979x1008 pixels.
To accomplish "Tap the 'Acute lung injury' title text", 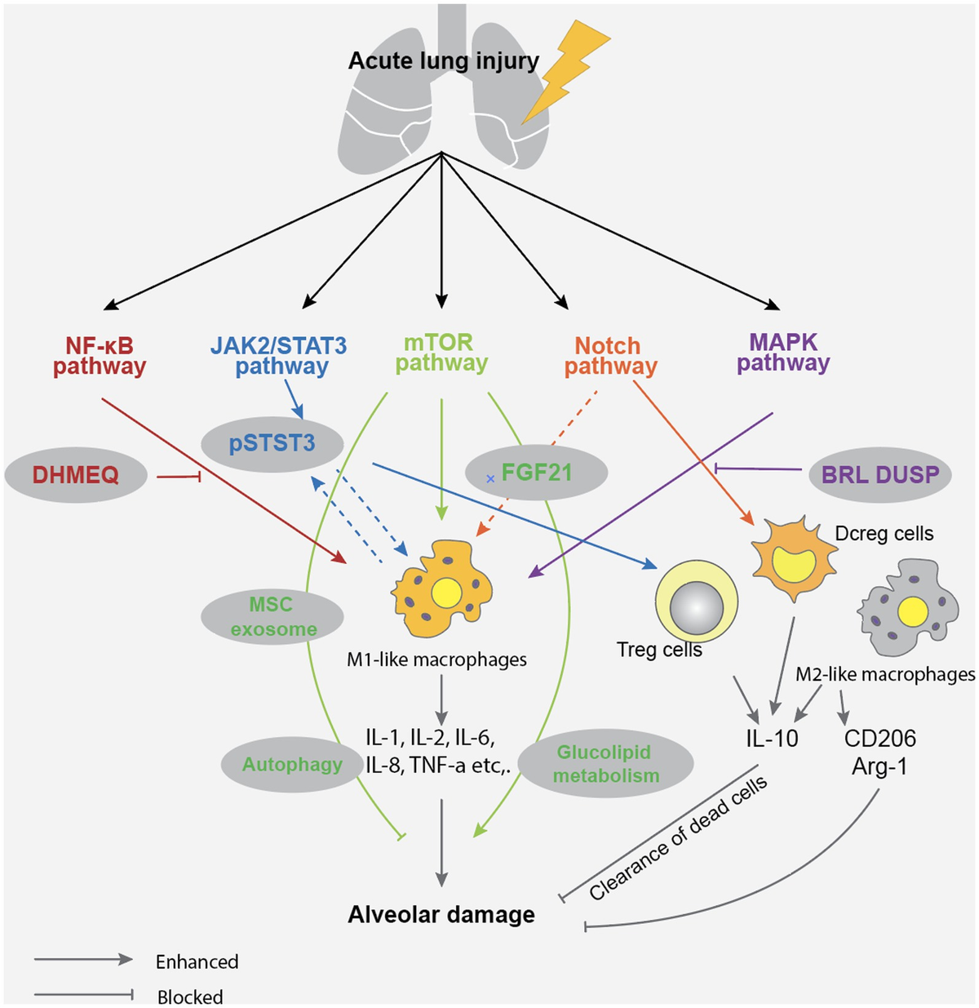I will (x=443, y=61).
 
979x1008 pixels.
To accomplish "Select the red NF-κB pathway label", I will (x=100, y=356).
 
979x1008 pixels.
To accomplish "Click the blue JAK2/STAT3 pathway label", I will (x=279, y=356).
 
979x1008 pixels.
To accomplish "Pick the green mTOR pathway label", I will (x=441, y=353).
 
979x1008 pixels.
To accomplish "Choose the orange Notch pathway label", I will (x=610, y=356).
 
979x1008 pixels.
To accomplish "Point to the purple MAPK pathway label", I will (x=783, y=353).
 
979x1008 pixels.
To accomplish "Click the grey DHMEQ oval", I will (x=76, y=474).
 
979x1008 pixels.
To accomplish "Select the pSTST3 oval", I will (x=272, y=444).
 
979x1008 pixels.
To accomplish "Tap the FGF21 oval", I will (x=536, y=473).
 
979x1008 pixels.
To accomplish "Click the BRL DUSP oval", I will (x=879, y=474).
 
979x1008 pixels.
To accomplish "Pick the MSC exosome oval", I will (x=272, y=617).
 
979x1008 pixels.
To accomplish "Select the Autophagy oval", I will (x=292, y=765).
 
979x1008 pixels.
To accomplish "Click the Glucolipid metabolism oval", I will (x=605, y=764).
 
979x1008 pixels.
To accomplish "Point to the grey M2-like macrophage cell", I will (x=908, y=607).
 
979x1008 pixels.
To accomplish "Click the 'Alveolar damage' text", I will (x=441, y=914).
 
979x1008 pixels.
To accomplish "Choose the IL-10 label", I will (x=772, y=739).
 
